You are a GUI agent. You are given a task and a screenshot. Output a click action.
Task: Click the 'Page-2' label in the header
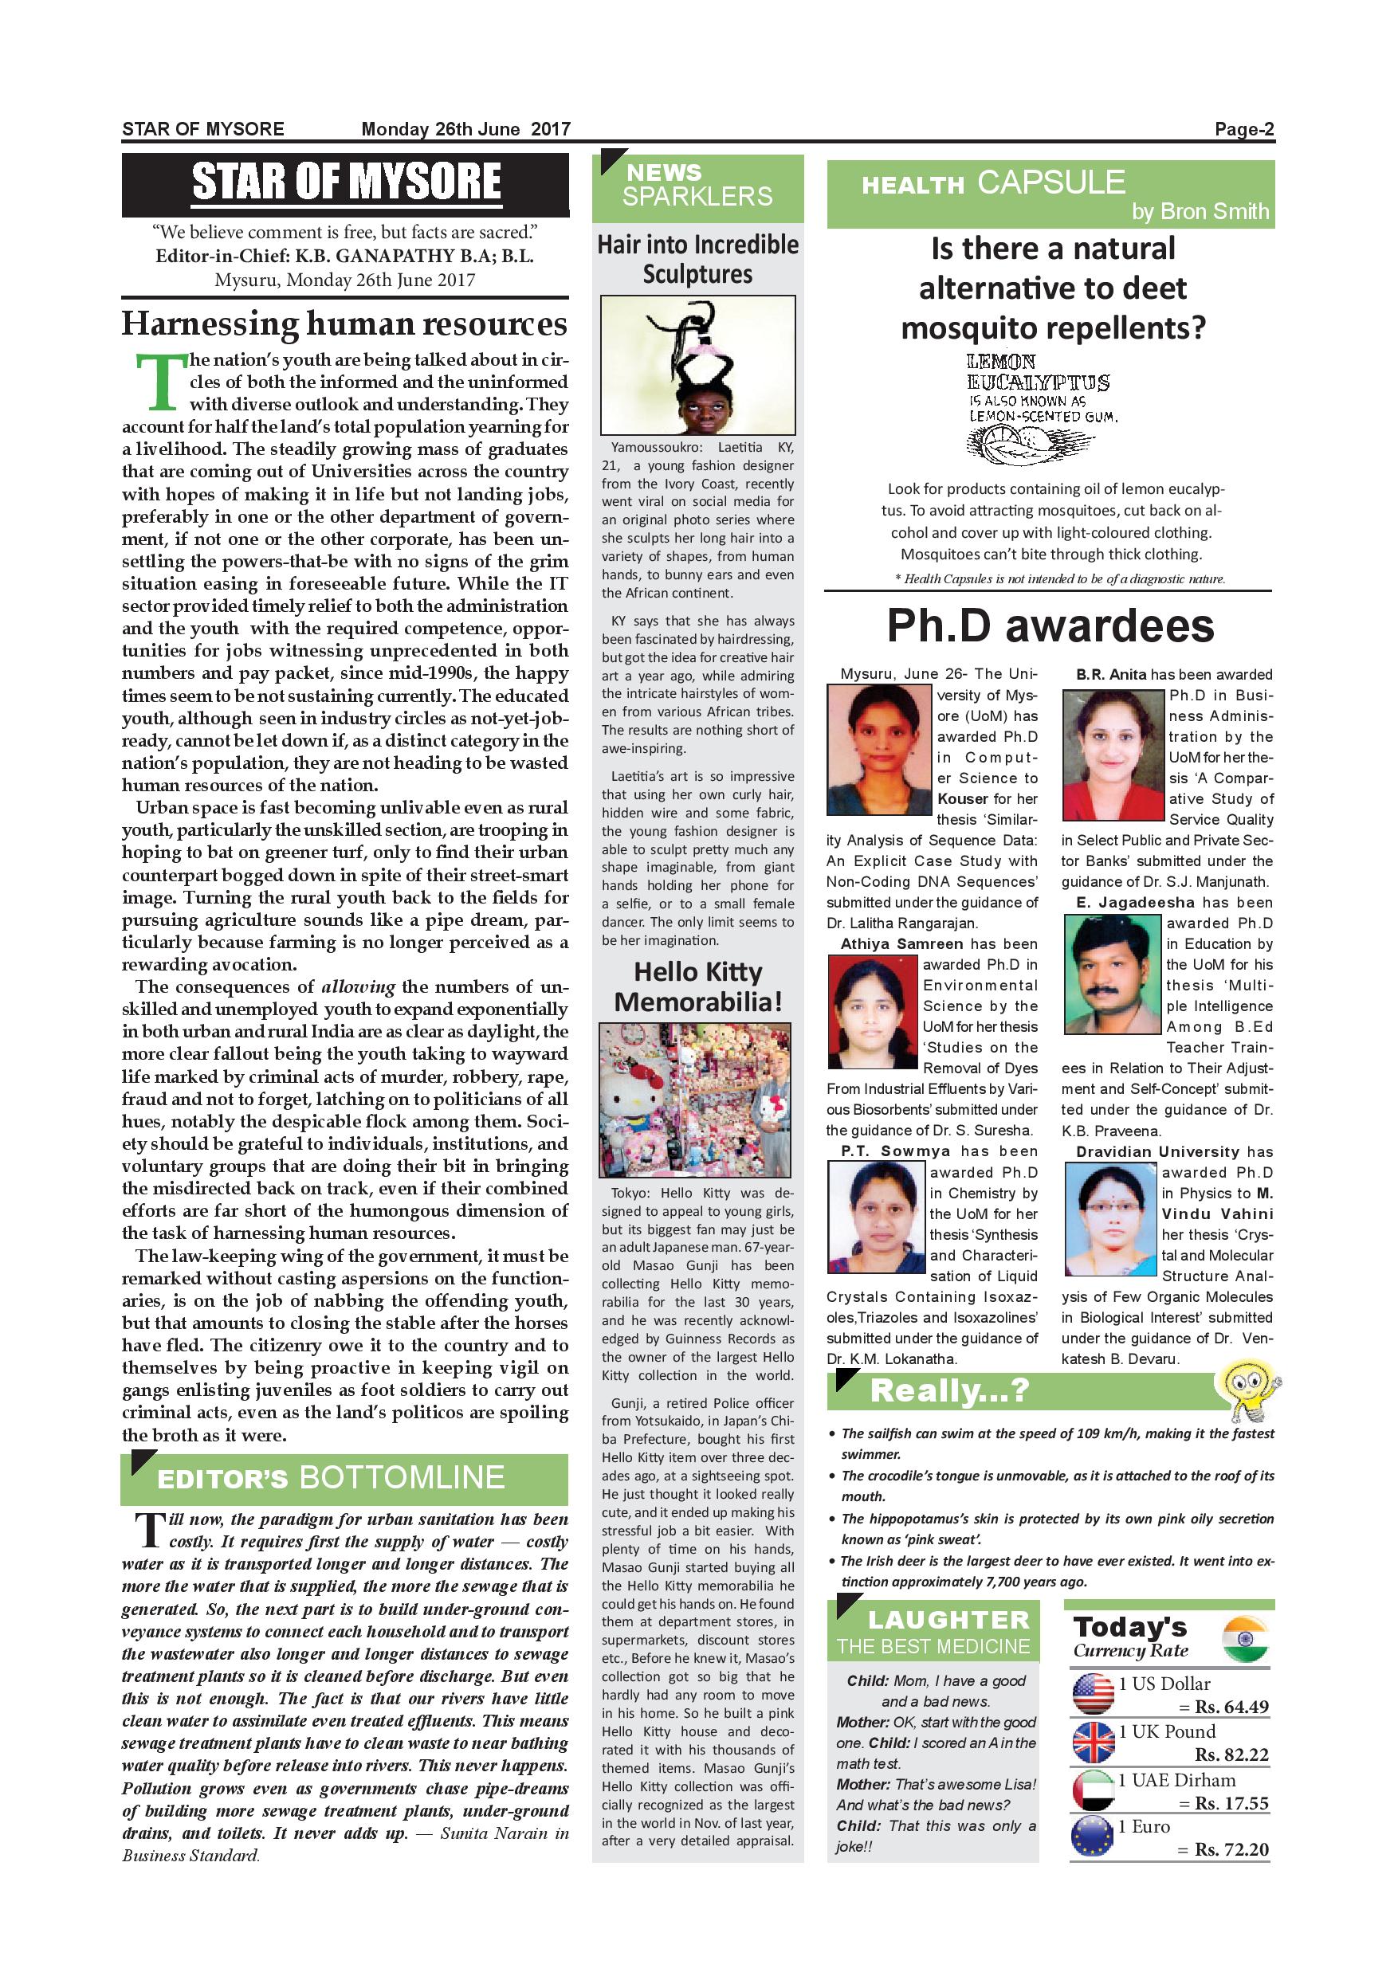point(1244,129)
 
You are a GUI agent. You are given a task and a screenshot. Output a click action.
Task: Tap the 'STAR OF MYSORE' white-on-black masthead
point(345,182)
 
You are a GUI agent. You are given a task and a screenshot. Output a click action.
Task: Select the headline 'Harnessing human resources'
point(344,323)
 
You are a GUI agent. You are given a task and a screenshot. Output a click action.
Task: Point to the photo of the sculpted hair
point(697,365)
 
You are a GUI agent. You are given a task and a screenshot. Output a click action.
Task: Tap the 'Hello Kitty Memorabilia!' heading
point(697,987)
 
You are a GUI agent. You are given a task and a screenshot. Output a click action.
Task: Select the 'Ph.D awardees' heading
point(1050,625)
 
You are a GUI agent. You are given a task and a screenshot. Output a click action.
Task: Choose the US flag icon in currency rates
point(1094,1692)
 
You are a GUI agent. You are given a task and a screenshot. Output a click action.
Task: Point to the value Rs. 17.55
point(1232,1802)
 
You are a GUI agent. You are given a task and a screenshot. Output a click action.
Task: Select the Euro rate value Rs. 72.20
point(1232,1849)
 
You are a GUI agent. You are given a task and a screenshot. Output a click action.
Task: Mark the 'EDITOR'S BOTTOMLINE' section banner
point(344,1478)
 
